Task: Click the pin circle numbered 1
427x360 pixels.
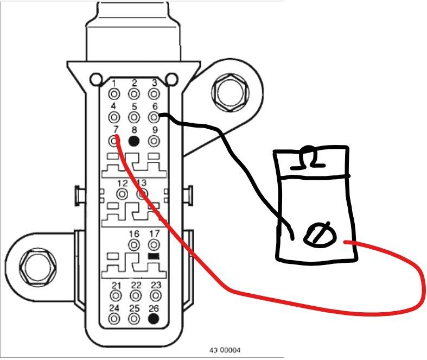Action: coord(114,93)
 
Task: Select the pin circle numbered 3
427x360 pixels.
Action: coord(154,93)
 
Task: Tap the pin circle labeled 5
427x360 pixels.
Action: coord(135,117)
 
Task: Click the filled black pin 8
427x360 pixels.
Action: coord(135,141)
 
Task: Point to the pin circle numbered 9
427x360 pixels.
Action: coord(154,141)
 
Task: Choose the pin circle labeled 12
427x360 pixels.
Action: coord(123,193)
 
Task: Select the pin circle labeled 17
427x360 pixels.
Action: coord(154,244)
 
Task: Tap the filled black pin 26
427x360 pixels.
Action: coord(154,319)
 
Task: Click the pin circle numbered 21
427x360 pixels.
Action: coord(115,296)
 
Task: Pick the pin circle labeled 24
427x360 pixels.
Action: coord(115,319)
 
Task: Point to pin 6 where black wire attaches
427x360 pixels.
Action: coord(154,117)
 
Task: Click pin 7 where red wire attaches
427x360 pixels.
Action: coord(114,141)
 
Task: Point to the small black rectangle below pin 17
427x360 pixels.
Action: coord(154,256)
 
